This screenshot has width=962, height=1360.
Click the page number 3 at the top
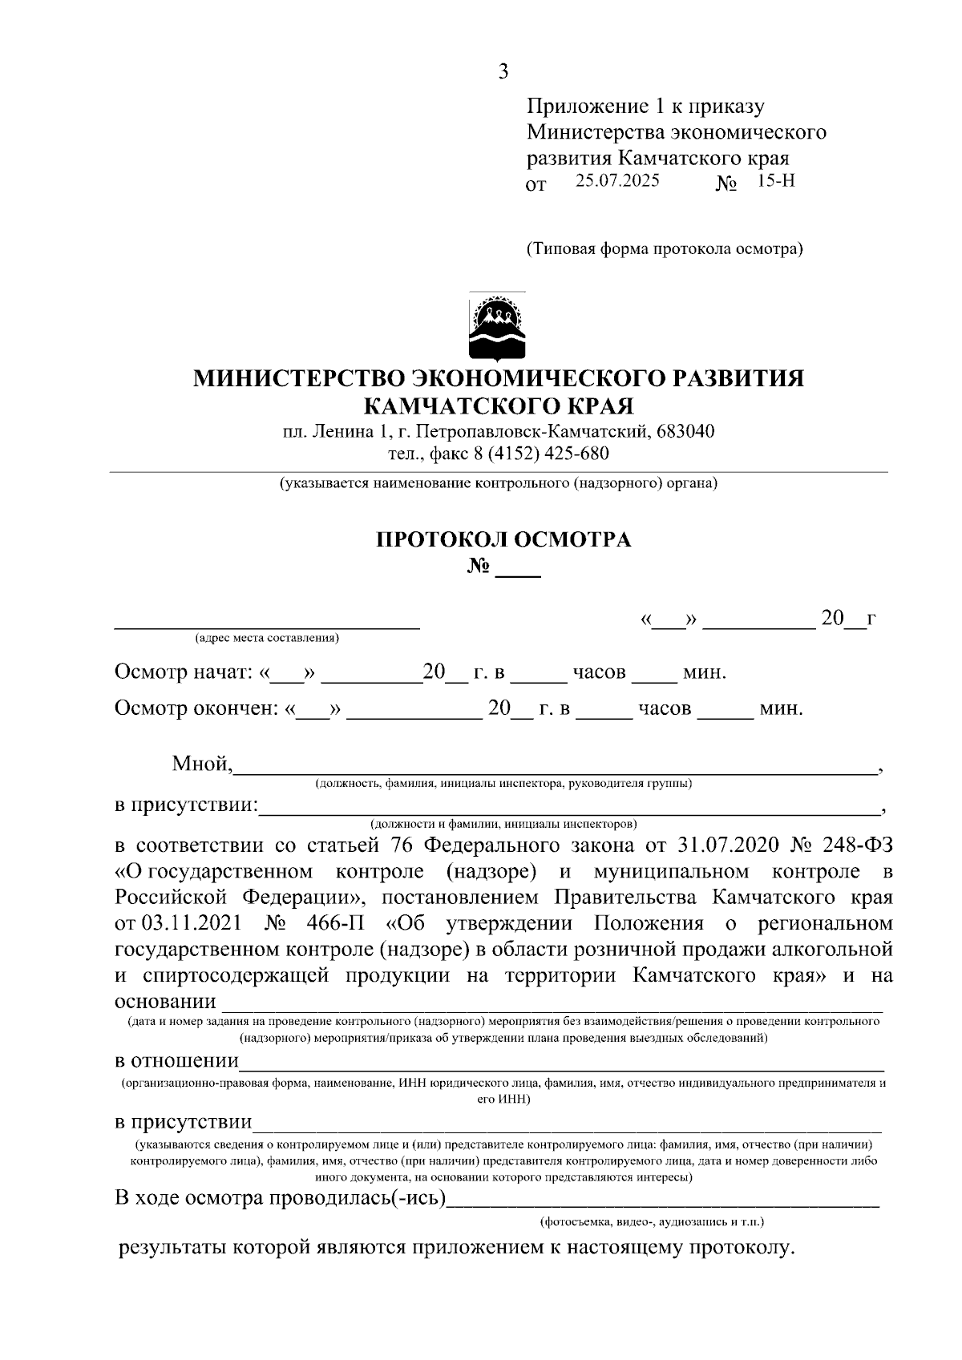(503, 72)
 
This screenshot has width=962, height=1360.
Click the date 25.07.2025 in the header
(617, 180)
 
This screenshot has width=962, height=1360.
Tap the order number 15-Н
(775, 180)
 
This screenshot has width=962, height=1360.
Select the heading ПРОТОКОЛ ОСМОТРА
(503, 539)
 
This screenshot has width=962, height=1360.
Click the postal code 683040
(685, 431)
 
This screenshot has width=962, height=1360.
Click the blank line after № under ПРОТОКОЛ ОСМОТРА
(518, 571)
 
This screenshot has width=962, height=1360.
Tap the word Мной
(201, 764)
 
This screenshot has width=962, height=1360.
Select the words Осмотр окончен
(195, 708)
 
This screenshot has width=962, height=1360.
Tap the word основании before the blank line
(165, 1002)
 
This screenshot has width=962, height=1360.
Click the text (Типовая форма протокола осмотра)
(664, 248)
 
